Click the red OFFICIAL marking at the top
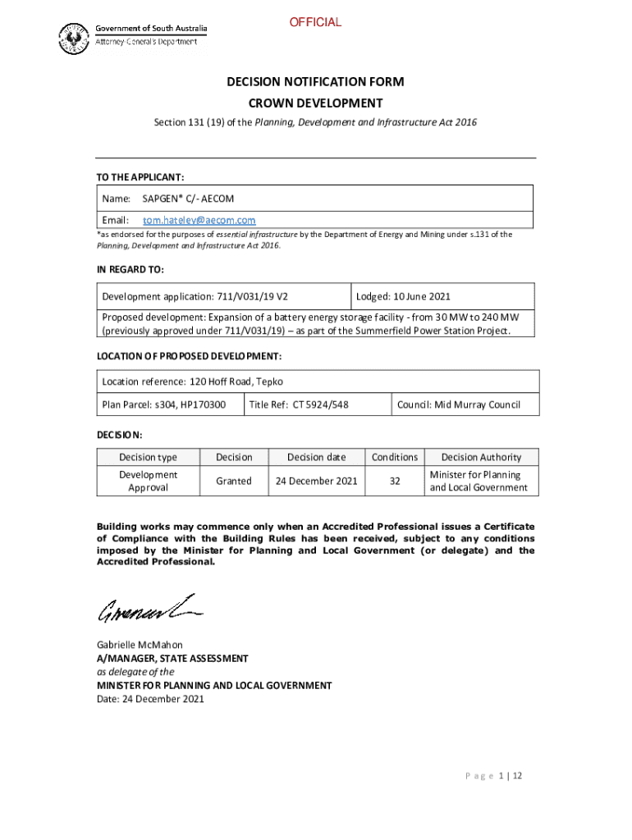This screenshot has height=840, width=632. [315, 22]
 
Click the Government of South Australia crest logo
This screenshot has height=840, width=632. [73, 37]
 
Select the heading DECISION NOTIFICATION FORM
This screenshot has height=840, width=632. [315, 82]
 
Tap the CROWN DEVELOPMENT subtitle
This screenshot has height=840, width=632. [315, 103]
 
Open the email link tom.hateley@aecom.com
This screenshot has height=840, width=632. [199, 220]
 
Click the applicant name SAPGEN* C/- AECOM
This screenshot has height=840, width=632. [188, 199]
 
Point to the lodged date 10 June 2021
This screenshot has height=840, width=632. [403, 297]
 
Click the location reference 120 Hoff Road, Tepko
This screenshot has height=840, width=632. [192, 381]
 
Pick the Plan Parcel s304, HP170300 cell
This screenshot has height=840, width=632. [163, 404]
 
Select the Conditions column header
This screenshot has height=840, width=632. [395, 457]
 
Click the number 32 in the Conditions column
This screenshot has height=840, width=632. [395, 482]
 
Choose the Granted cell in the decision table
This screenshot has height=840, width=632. [234, 482]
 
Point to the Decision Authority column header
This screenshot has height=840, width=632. [480, 457]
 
